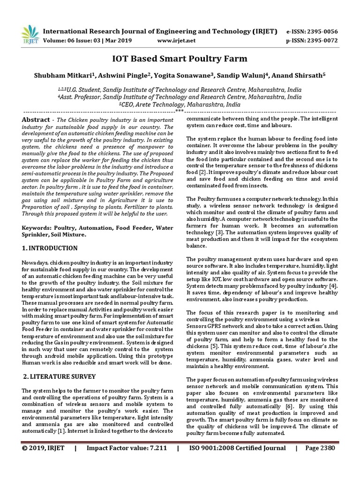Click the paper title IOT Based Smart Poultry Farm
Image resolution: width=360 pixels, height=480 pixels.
(180, 59)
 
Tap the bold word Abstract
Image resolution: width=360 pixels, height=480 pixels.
(36, 120)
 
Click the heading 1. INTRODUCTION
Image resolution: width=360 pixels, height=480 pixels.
(50, 247)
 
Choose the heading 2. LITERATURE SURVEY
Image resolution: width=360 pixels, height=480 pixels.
(60, 376)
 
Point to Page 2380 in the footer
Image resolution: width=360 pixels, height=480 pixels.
(320, 461)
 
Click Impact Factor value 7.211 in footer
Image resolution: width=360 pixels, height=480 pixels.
(127, 461)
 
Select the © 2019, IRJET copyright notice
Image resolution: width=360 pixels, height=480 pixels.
(45, 461)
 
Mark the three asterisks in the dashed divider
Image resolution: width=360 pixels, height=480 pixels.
(180, 112)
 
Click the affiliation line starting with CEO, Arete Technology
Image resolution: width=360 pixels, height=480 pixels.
(180, 105)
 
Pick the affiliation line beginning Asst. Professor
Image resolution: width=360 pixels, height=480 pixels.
(180, 97)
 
